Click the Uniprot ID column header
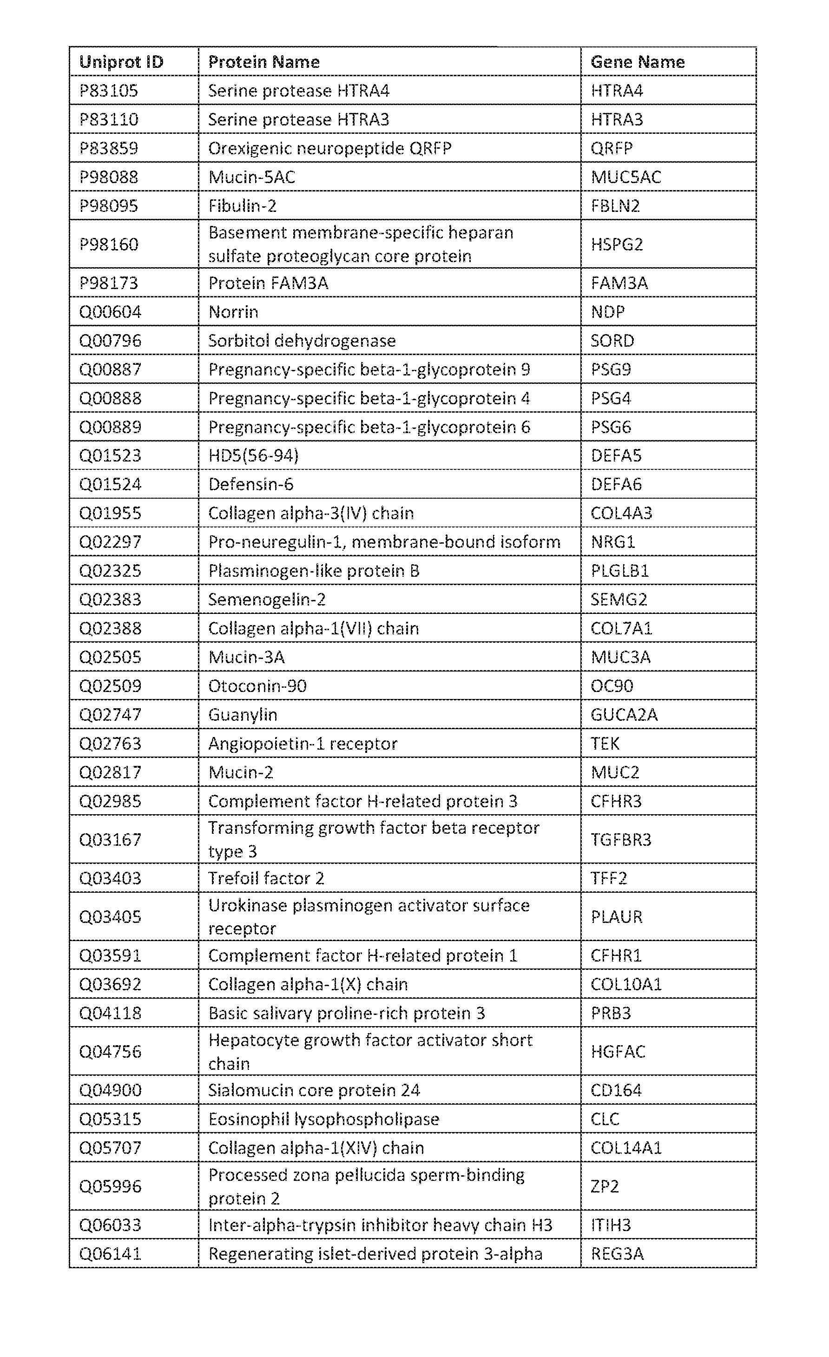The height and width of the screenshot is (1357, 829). tap(121, 62)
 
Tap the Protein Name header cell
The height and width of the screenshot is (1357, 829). tap(264, 62)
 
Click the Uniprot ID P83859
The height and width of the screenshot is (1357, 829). tap(109, 148)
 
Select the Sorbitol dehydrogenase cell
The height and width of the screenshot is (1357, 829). tap(302, 340)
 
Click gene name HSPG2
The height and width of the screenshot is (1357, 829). tap(617, 244)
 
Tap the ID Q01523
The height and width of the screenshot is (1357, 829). tap(110, 455)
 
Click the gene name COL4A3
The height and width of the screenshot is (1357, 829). tap(621, 513)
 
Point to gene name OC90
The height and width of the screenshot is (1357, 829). tap(612, 685)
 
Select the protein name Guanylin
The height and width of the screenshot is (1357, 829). tap(243, 714)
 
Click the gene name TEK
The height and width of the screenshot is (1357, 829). tap(605, 744)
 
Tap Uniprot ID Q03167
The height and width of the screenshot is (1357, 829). tap(110, 839)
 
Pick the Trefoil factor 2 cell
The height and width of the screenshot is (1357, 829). tap(266, 878)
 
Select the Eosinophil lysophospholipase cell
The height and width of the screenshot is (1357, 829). tap(323, 1119)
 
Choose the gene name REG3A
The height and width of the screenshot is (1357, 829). tap(617, 1253)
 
